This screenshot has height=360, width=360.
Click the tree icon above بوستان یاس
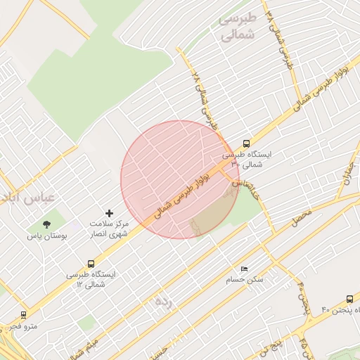pyautogui.click(x=46, y=225)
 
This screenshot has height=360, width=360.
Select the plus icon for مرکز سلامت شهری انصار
pyautogui.click(x=109, y=212)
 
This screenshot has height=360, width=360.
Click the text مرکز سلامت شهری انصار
pyautogui.click(x=108, y=229)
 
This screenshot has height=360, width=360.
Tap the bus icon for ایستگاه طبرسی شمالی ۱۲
pyautogui.click(x=72, y=264)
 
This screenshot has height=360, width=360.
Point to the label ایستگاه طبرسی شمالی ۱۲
pyautogui.click(x=94, y=279)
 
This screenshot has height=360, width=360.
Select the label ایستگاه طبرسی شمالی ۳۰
pyautogui.click(x=251, y=158)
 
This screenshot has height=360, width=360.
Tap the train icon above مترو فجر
pyautogui.click(x=24, y=315)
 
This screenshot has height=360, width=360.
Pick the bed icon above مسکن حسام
pyautogui.click(x=244, y=269)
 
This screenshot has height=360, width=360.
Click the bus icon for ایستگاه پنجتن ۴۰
pyautogui.click(x=350, y=298)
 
